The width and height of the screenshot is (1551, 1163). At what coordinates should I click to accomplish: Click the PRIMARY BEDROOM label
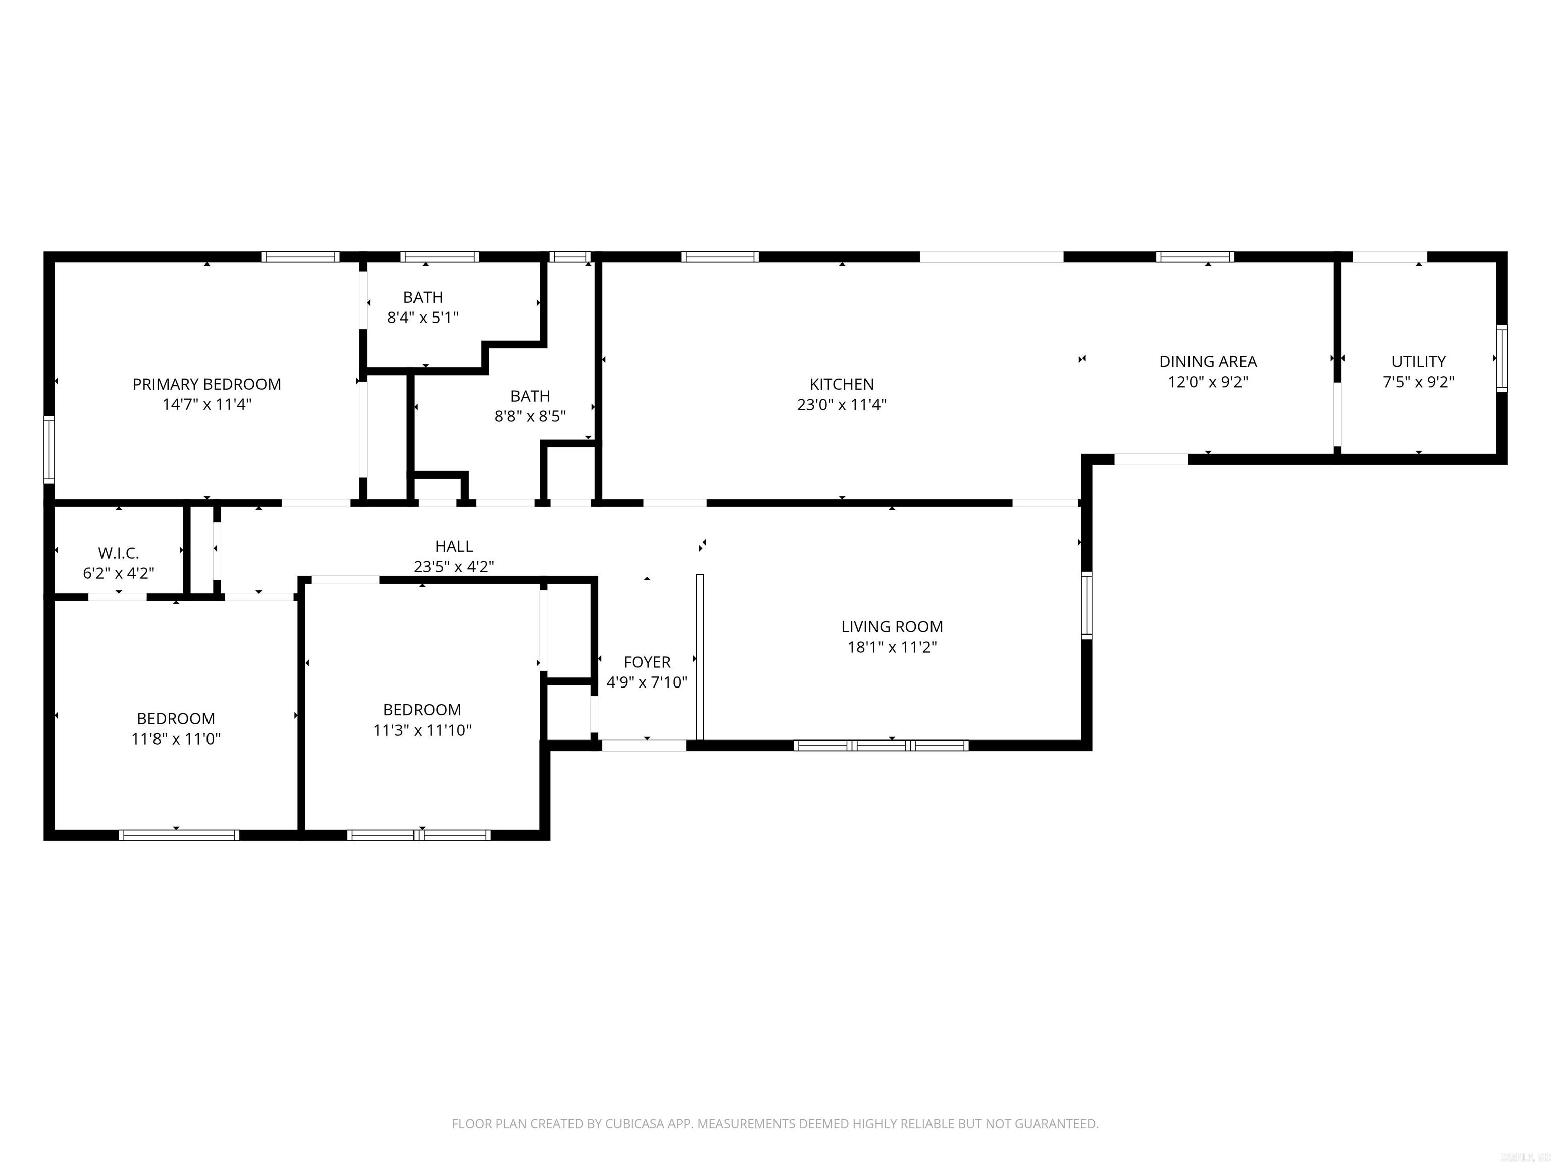point(207,384)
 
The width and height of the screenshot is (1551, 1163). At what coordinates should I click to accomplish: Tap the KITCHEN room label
point(842,384)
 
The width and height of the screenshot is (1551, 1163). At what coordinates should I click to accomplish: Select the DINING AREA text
point(1208,362)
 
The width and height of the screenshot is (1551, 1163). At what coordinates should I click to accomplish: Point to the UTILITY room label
point(1419,362)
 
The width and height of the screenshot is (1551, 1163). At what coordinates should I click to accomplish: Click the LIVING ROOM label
point(892,627)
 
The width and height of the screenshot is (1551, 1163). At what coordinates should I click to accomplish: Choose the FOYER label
point(647,662)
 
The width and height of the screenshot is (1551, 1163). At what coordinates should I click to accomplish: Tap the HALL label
point(454,546)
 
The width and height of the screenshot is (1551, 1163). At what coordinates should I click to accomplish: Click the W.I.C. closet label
point(119,553)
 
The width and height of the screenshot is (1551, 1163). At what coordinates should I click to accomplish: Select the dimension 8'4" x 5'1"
point(423,318)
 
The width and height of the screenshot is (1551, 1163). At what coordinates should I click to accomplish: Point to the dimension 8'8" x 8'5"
point(530,416)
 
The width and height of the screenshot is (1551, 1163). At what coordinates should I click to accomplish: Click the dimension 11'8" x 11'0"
point(176,739)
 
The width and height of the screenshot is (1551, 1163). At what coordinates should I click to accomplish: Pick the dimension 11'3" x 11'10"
point(422,730)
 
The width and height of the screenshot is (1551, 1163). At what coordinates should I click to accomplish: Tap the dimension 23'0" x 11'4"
point(842,404)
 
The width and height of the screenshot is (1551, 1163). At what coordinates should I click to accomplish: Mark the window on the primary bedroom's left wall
point(49,449)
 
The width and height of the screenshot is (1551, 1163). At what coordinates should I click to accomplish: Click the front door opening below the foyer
point(644,745)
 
